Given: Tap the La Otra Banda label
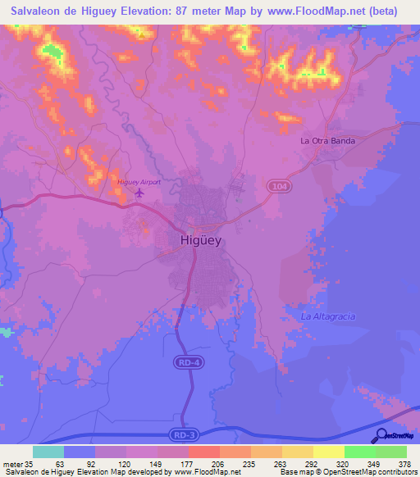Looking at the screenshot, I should tap(327, 141).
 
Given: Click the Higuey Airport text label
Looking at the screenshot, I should tap(135, 181).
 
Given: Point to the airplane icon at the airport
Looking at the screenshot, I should tap(138, 193).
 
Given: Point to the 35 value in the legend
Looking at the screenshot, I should tap(27, 462).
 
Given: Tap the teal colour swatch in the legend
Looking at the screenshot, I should tap(48, 452).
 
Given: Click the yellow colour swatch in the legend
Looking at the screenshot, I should tap(328, 452).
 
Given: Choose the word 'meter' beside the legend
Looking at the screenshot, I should tap(11, 462).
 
